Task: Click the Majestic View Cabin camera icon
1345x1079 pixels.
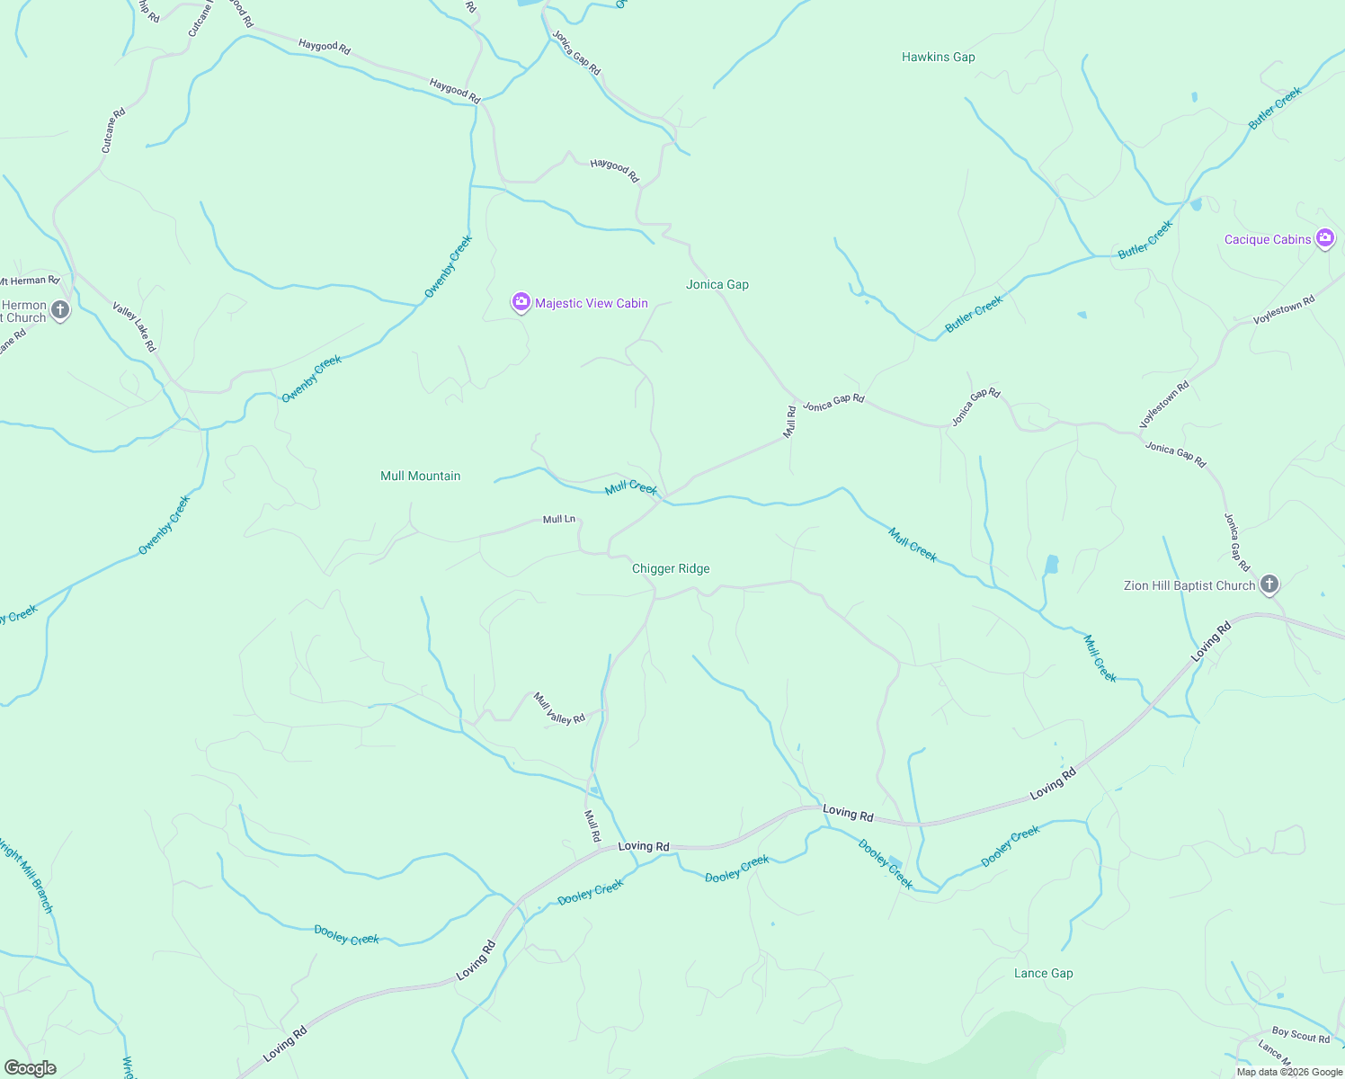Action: pos(521,302)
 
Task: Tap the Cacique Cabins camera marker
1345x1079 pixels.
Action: pos(1324,238)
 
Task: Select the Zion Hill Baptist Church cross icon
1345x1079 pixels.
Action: pos(1269,584)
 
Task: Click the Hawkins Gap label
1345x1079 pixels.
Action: pos(938,57)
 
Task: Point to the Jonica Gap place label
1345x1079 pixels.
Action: pos(717,284)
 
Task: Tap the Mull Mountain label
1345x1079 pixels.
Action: pos(420,476)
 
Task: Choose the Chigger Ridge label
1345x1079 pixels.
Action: pos(671,568)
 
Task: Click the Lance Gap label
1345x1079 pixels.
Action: pos(1043,973)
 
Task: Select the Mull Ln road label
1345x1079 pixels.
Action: pos(558,519)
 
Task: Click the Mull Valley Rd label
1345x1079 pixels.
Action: pos(559,708)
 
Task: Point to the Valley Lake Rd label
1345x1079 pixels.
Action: pos(134,326)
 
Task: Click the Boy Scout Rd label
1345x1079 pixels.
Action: pos(1300,1035)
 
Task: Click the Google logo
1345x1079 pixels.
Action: pos(30,1068)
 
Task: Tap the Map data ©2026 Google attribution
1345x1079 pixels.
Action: pos(1289,1072)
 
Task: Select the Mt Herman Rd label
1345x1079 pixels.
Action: pos(30,281)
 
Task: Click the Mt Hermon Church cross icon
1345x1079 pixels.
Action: pos(60,310)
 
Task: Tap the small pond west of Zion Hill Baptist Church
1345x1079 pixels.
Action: pos(1051,565)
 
